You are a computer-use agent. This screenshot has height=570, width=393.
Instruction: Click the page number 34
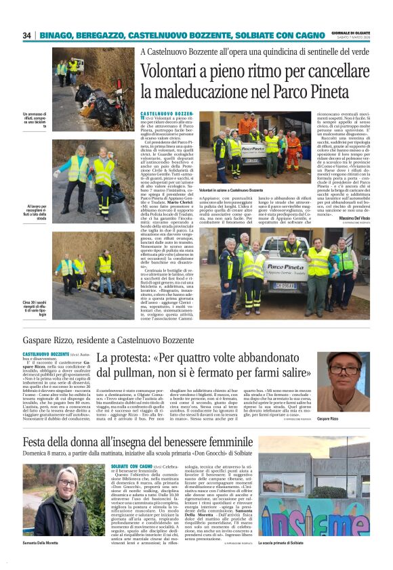point(26,35)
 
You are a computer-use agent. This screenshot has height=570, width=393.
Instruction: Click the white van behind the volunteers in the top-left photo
point(76,64)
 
